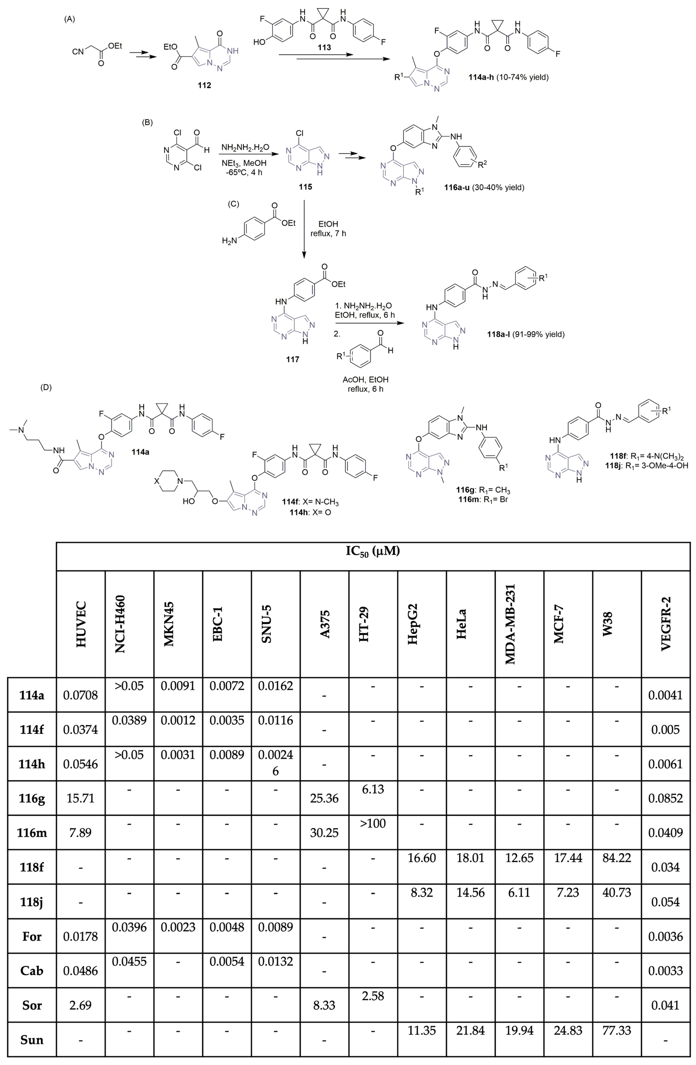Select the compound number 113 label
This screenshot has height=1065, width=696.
[324, 47]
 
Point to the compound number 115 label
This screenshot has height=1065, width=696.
[305, 187]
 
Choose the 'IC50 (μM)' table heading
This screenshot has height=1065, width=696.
[373, 551]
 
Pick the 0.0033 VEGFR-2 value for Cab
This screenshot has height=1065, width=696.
[666, 971]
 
